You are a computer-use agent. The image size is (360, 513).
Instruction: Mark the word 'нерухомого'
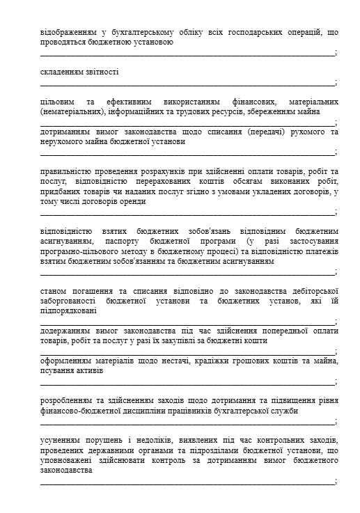coord(63,141)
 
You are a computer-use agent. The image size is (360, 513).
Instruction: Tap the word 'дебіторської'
coord(311,291)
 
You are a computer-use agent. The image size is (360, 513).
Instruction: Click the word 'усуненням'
coord(62,441)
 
